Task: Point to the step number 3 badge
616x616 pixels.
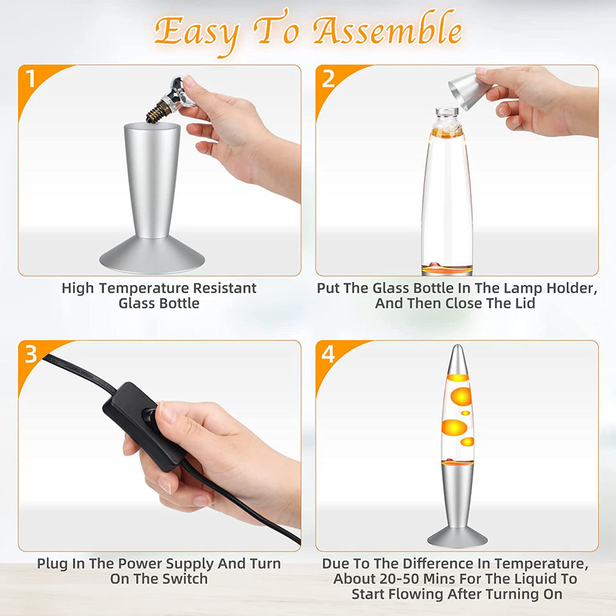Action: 31,354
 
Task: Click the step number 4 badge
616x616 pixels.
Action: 328,354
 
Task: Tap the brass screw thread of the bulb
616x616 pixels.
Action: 158,111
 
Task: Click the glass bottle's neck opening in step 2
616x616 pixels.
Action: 447,111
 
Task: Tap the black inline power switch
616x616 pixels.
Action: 144,426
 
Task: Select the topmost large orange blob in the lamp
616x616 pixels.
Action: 461,397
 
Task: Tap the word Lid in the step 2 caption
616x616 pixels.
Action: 524,304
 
